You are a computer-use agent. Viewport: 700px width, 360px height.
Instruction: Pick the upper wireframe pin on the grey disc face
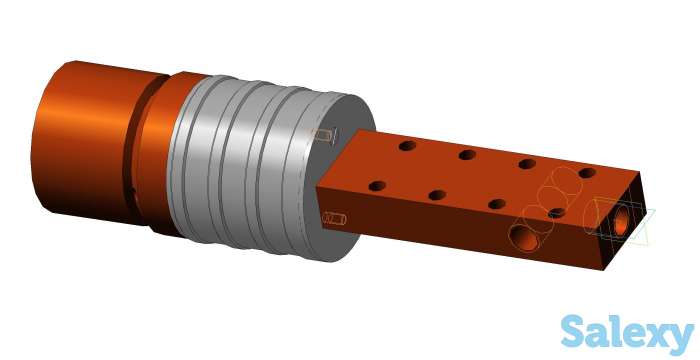coord(325,135)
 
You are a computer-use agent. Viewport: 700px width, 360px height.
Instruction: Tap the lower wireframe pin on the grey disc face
coord(334,218)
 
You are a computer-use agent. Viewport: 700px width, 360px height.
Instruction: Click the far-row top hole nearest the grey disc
coord(408,146)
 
